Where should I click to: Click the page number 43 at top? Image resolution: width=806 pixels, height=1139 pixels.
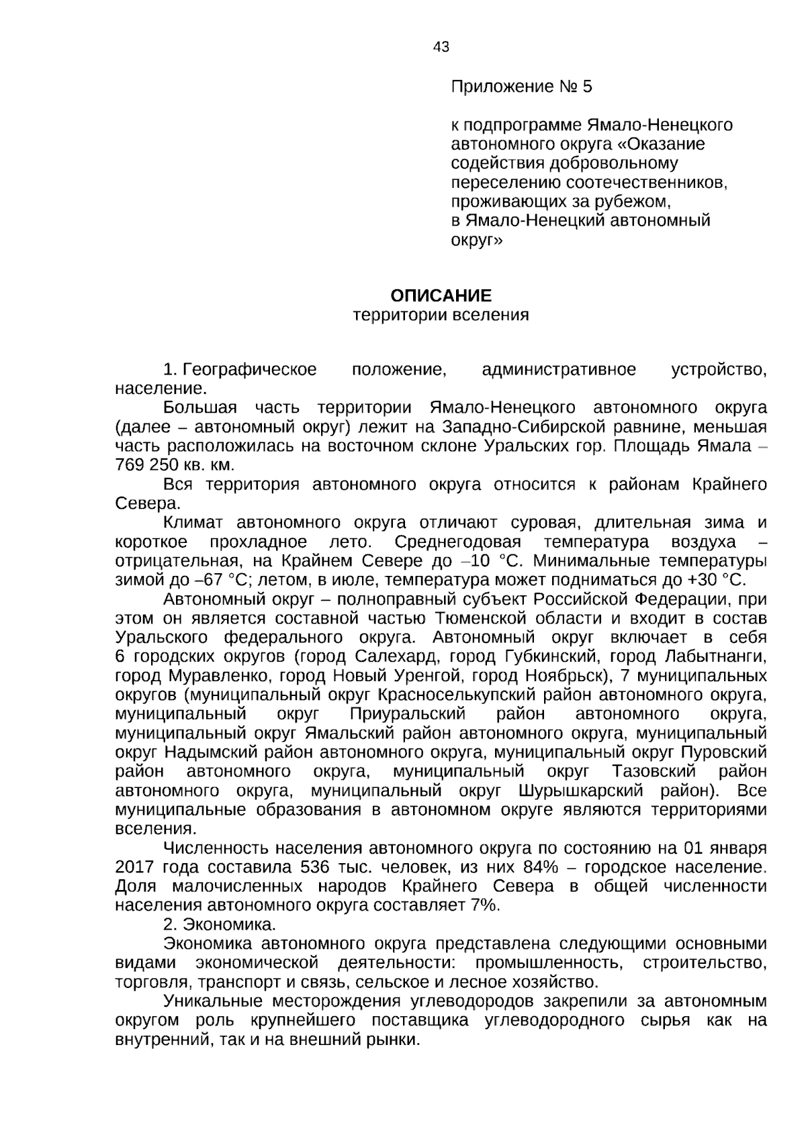coord(441,47)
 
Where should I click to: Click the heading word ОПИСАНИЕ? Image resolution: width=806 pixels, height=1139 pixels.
coord(441,296)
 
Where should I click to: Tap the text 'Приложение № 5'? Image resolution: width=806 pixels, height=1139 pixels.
coord(521,87)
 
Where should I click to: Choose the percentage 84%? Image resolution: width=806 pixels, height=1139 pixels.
coord(542,866)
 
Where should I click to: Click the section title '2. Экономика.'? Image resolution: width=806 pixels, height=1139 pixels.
coord(220,924)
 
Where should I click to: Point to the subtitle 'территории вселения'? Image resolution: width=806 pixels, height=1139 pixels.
coord(441,315)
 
